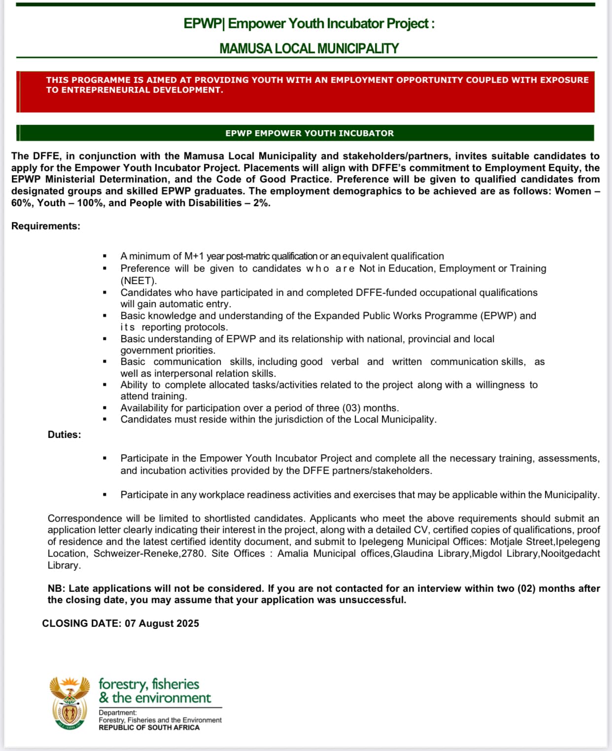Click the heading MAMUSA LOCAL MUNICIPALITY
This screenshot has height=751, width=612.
tap(309, 49)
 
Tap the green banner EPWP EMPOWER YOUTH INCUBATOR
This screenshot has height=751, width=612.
tap(309, 133)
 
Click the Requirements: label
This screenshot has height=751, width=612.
tap(46, 226)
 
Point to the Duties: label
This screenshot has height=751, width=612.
tap(64, 434)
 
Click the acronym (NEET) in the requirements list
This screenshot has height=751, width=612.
tap(138, 281)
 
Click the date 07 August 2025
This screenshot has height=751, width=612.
tap(162, 623)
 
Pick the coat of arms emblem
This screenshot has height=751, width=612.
tap(69, 703)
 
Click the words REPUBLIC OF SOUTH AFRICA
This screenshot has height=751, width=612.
tap(149, 728)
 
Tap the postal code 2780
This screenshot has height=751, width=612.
tap(193, 553)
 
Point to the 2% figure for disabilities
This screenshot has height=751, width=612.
tap(262, 203)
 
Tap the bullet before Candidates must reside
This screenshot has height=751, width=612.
tap(104, 420)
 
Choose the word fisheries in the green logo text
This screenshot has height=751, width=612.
tap(175, 684)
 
